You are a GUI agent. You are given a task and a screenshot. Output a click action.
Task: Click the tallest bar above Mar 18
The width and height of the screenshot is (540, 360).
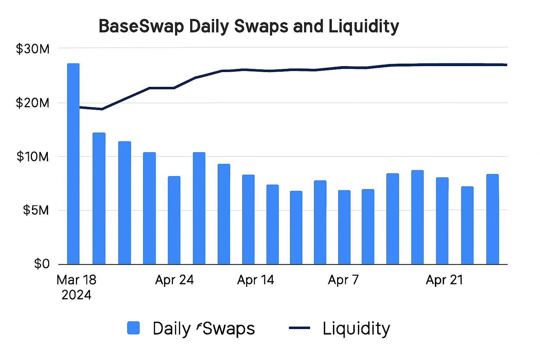(73, 163)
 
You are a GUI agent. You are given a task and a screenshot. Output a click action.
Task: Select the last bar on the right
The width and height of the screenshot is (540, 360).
(492, 219)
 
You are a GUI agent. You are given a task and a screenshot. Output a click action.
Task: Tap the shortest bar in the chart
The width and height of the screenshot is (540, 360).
(296, 227)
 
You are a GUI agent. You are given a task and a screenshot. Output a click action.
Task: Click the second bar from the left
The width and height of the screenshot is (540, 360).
(99, 198)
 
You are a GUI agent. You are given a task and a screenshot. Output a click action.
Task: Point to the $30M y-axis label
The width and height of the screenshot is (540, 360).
(33, 49)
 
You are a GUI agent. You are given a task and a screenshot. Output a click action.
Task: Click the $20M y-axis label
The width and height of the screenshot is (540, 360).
(33, 103)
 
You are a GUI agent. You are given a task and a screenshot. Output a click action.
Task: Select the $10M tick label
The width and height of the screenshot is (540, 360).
(33, 157)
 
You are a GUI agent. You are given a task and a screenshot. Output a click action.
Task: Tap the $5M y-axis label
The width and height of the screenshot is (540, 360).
(36, 210)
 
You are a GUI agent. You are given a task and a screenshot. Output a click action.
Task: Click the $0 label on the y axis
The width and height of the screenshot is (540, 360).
(41, 264)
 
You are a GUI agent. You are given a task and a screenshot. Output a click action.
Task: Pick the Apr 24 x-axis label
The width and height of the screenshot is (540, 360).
(174, 280)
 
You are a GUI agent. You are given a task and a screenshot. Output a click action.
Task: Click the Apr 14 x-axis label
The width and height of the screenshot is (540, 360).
(256, 280)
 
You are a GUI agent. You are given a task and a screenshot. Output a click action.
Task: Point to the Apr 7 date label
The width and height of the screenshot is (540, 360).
(343, 280)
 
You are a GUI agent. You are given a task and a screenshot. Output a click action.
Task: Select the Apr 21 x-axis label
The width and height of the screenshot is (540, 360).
(444, 280)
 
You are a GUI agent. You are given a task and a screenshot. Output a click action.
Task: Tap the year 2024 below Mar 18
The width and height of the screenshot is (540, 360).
(76, 295)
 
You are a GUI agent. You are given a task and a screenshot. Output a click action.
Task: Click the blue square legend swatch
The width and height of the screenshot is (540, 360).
(133, 328)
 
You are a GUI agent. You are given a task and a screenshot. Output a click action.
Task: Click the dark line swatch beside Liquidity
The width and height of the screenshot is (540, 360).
(299, 328)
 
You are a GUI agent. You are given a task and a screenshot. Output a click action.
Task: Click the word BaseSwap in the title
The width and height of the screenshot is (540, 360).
(141, 27)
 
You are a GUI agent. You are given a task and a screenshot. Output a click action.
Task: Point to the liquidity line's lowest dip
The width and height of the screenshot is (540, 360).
(102, 109)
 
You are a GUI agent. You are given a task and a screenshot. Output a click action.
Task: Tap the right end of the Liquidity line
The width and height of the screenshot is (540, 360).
(506, 65)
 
